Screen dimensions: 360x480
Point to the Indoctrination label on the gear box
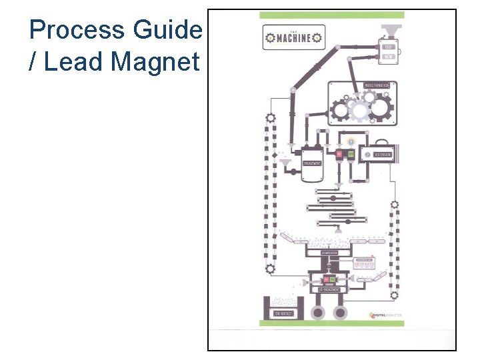[380, 86]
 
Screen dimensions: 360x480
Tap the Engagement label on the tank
[312, 163]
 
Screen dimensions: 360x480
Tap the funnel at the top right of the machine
[388, 31]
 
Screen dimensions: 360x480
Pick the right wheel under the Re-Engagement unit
[340, 312]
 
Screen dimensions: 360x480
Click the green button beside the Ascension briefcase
[351, 155]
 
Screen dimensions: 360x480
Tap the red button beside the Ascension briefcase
[339, 155]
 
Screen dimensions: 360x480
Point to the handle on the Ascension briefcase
[377, 143]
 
